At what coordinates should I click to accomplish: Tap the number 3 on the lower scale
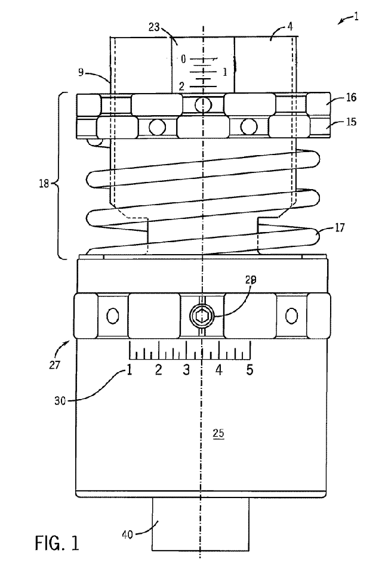point(187,370)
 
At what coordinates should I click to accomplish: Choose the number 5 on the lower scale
point(249,370)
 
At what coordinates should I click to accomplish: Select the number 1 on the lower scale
point(128,370)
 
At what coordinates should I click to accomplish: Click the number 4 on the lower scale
point(218,370)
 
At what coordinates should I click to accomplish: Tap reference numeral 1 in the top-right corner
point(356,17)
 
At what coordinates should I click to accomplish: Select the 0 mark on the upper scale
point(183,58)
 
